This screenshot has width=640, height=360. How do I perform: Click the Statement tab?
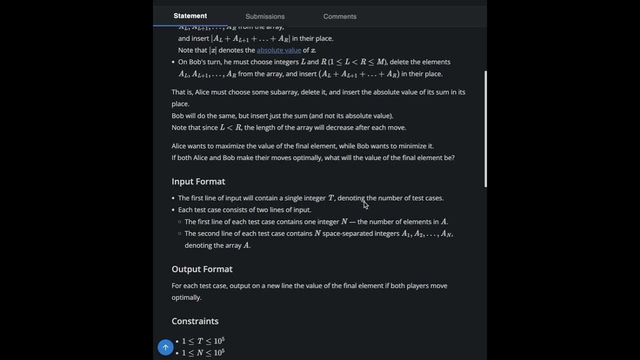click(190, 16)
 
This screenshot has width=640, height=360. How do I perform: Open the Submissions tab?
click(265, 16)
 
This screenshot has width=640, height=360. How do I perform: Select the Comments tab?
click(339, 16)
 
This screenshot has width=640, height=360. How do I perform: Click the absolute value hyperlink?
click(278, 50)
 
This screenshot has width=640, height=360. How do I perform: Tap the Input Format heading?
click(198, 181)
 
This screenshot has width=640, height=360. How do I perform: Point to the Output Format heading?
click(202, 269)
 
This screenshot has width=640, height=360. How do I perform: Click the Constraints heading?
click(195, 321)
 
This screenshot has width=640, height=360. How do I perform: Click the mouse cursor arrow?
click(365, 204)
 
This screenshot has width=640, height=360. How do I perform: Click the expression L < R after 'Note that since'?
click(230, 127)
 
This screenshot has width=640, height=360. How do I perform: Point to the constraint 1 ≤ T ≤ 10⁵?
click(203, 341)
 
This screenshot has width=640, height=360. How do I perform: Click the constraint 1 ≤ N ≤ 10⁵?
click(203, 352)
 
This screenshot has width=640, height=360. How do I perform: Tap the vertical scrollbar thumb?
click(485, 129)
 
